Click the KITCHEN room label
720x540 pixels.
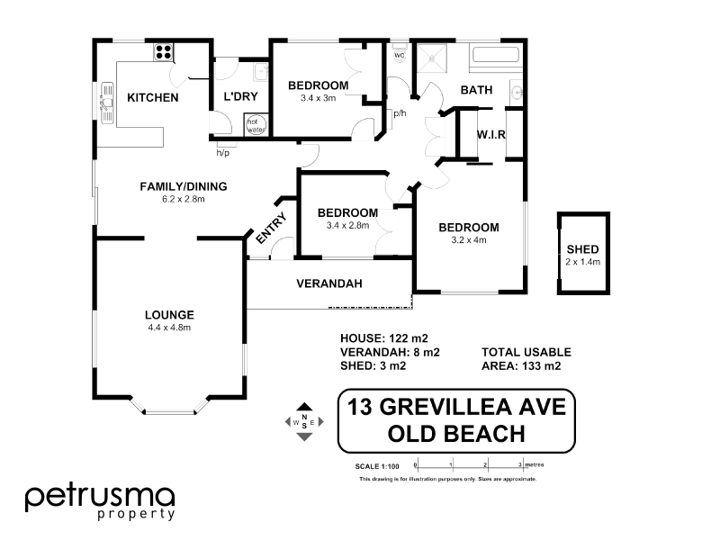click(x=152, y=97)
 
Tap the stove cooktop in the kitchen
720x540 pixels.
click(x=164, y=52)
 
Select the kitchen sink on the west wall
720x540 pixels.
click(x=107, y=101)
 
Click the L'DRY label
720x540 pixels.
click(x=240, y=97)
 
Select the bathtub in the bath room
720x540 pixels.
click(x=496, y=56)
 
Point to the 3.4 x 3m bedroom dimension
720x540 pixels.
click(x=318, y=98)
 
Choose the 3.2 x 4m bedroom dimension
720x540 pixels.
click(x=468, y=239)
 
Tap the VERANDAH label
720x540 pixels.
click(x=329, y=283)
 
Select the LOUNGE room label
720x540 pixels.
click(x=169, y=314)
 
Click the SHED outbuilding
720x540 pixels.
click(x=582, y=255)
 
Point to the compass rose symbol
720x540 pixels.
click(x=304, y=421)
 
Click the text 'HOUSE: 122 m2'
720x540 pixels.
click(x=379, y=338)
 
